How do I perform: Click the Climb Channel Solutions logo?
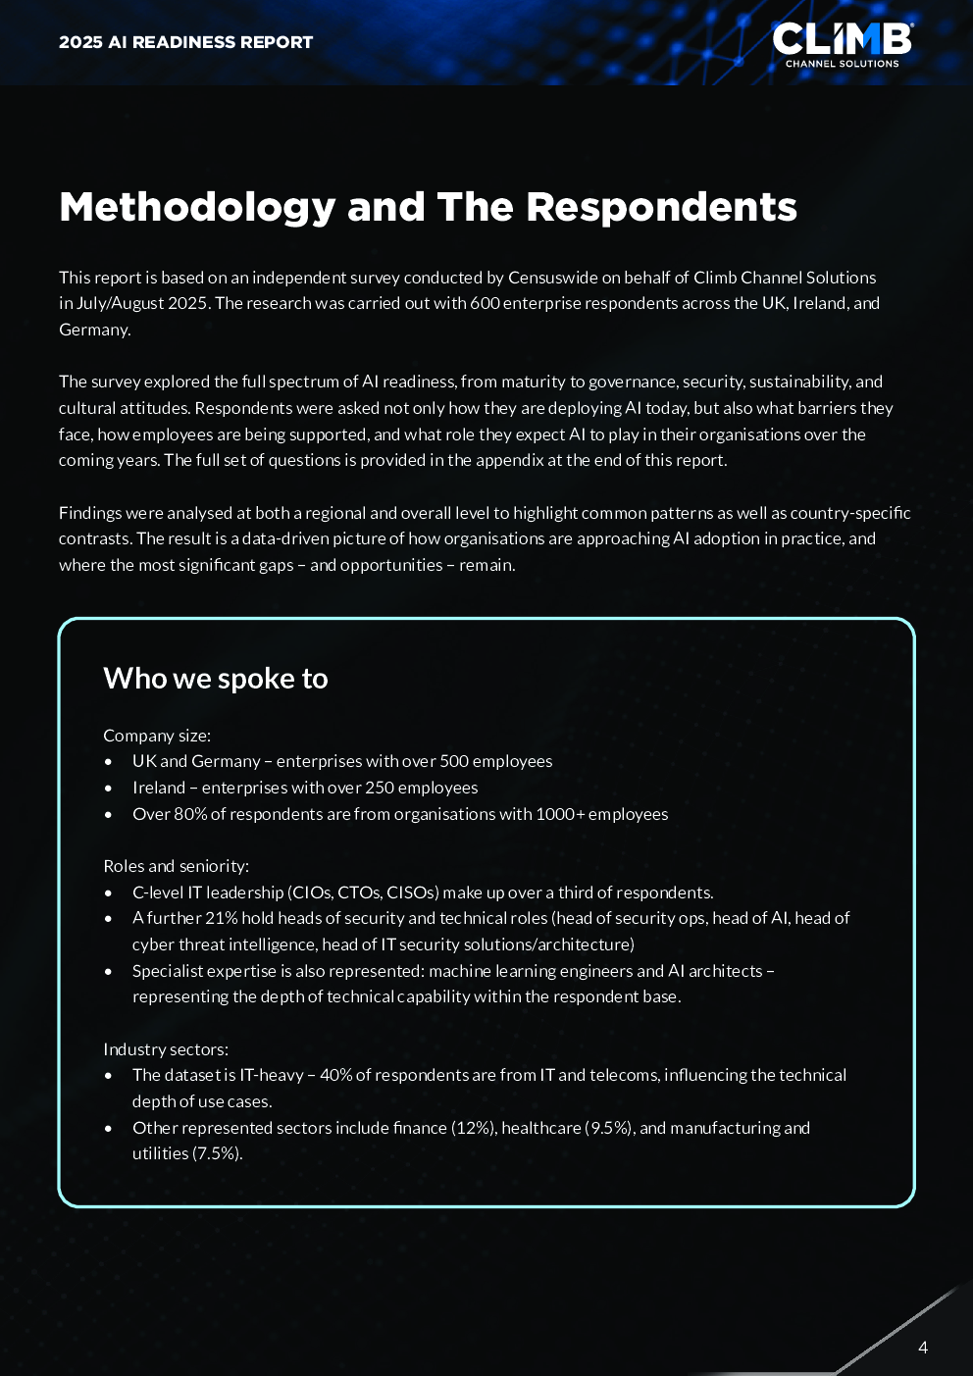(x=842, y=44)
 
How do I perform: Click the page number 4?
(x=922, y=1348)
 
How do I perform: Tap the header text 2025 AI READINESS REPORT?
(x=185, y=42)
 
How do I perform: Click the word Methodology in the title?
(x=197, y=207)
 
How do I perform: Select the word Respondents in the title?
(x=661, y=207)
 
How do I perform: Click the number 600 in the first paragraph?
(x=485, y=303)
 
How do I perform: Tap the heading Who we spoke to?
(x=215, y=679)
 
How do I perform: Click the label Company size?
(x=157, y=736)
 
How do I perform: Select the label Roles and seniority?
(x=176, y=866)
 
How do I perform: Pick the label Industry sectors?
(x=165, y=1049)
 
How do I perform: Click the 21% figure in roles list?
(x=221, y=918)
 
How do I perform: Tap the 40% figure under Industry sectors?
(x=335, y=1075)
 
